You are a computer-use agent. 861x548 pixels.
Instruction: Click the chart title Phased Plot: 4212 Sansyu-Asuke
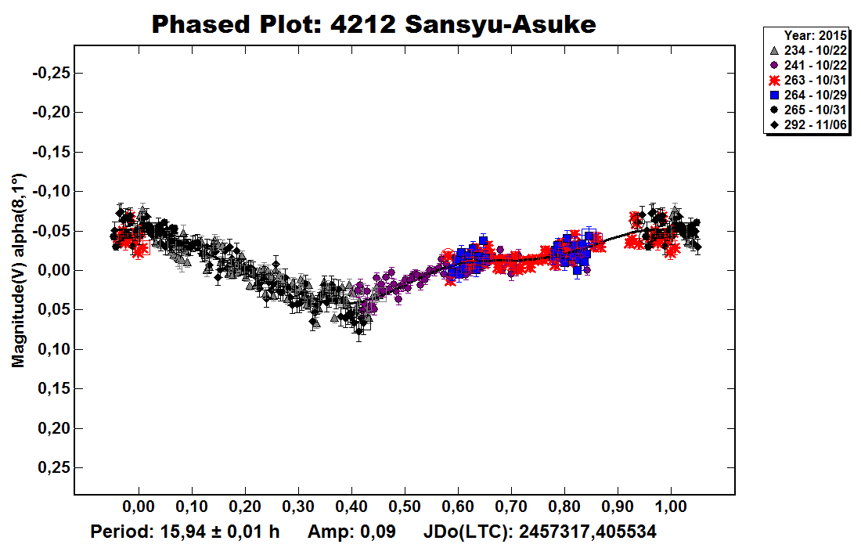tap(373, 24)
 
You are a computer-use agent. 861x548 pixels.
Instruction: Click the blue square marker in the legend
tap(774, 95)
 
